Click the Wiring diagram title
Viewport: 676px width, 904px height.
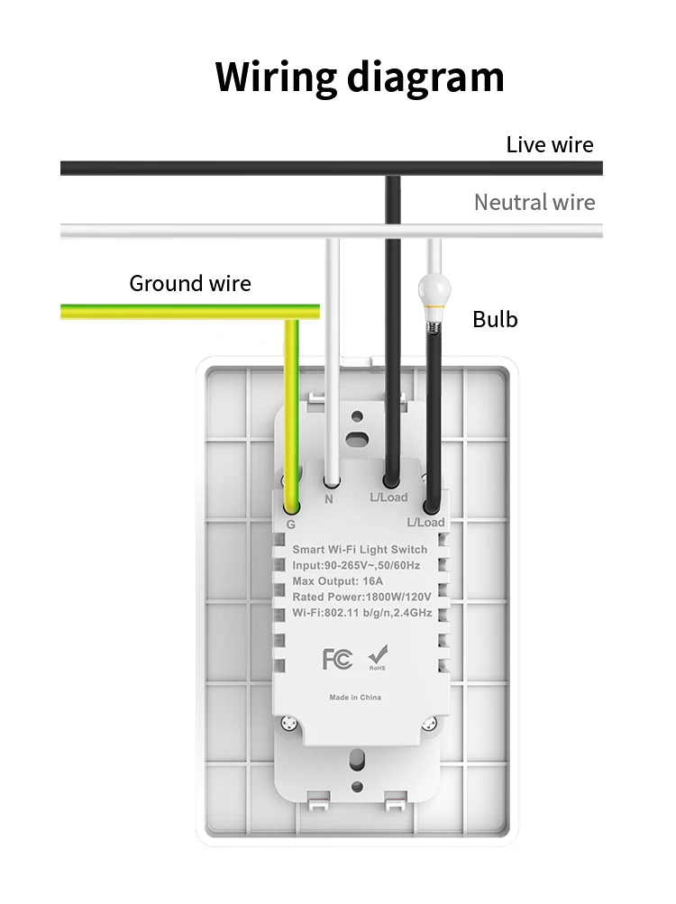(x=360, y=78)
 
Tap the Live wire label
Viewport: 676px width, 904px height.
(x=550, y=145)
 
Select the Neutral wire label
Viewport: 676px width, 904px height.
(x=534, y=203)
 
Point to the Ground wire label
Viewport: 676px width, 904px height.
(x=190, y=284)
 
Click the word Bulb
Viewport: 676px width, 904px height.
(x=495, y=319)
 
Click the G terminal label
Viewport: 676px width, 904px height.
(x=291, y=525)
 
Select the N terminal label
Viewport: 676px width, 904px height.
(x=329, y=499)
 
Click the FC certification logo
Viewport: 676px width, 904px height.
(x=337, y=659)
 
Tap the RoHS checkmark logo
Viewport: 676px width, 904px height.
(x=378, y=658)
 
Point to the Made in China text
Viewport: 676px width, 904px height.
(x=355, y=698)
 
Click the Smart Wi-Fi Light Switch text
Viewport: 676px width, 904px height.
(x=360, y=550)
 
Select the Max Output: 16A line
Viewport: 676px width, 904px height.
(x=337, y=581)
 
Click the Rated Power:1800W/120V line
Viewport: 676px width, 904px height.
(x=361, y=597)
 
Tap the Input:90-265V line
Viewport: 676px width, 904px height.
(x=356, y=566)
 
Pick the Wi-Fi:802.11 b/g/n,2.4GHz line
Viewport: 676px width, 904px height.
(x=362, y=612)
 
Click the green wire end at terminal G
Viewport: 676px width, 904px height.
(x=292, y=507)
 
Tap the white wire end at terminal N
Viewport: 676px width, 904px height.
(x=332, y=480)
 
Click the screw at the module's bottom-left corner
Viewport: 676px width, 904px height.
(x=289, y=723)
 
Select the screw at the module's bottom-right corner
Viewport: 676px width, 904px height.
(x=430, y=724)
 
